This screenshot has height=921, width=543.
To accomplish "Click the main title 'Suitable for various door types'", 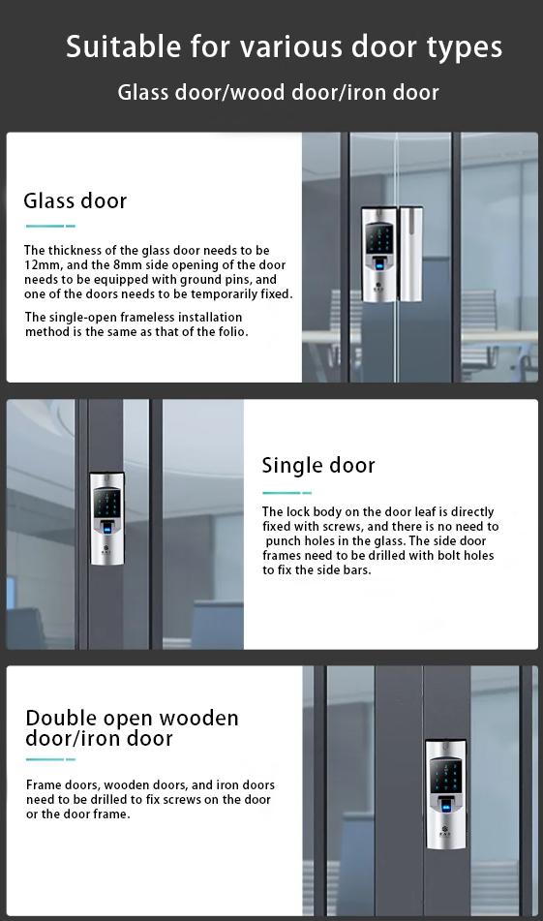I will pyautogui.click(x=284, y=46).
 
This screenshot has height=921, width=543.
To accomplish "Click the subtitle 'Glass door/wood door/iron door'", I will pyautogui.click(x=278, y=93).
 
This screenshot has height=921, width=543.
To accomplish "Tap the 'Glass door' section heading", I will pyautogui.click(x=75, y=201).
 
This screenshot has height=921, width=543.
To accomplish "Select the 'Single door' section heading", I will pyautogui.click(x=318, y=465).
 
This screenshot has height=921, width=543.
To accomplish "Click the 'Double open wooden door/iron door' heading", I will pyautogui.click(x=132, y=728).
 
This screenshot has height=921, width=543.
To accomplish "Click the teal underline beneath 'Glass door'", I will pyautogui.click(x=49, y=227).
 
